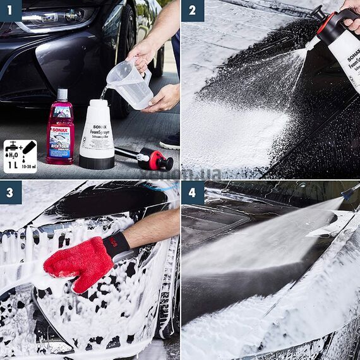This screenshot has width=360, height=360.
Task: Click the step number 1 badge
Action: pos(11,10)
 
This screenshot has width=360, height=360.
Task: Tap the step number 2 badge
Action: pos(193,10)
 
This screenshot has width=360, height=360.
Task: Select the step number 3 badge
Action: pos(11,192)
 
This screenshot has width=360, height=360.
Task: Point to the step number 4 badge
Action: pos(193,192)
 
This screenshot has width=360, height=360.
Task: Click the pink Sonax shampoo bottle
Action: pos(60,133)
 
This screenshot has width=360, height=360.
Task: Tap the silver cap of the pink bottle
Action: pos(61,95)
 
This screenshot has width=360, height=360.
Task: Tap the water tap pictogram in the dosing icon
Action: pos(11,147)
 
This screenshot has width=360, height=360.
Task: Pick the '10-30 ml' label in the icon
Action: pos(29,165)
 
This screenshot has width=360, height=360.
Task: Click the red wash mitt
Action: pos(79,262)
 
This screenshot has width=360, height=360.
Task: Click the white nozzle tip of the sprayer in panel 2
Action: pos(311,44)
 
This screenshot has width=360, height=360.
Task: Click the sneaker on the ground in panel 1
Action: pos(170,141)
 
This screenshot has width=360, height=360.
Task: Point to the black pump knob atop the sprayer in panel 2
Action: pos(318,12)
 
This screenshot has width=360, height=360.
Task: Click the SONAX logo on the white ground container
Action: pos(97,127)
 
